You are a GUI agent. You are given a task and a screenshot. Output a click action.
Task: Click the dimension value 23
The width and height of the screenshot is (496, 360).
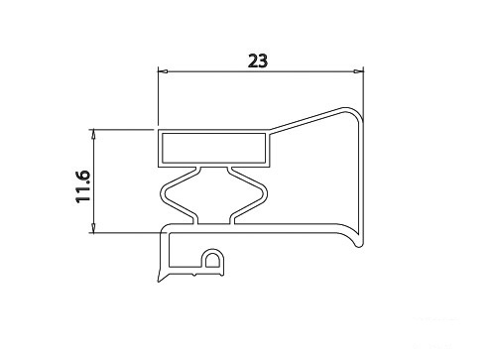[x=258, y=61]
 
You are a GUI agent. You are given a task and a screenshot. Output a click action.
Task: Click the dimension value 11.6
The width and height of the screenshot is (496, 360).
[x=82, y=186]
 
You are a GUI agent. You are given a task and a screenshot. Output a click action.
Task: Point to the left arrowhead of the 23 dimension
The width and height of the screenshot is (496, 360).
[x=163, y=71]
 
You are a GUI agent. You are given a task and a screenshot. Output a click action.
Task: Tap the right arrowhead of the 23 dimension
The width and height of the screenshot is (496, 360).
[x=358, y=71]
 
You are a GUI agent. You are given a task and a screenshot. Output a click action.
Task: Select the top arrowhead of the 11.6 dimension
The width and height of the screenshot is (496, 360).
[x=93, y=134]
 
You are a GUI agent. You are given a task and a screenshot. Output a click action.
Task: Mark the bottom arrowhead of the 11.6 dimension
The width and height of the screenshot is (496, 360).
[x=93, y=227]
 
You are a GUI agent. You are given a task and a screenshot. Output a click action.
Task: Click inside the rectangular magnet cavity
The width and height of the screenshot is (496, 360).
[x=213, y=148]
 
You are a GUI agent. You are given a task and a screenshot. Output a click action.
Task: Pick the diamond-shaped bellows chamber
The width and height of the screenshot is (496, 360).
[x=213, y=195]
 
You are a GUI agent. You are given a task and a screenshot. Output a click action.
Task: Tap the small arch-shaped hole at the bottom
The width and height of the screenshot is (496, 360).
[x=212, y=261]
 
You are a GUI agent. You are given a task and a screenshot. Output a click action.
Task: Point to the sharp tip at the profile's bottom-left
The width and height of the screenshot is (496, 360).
[x=159, y=282]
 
